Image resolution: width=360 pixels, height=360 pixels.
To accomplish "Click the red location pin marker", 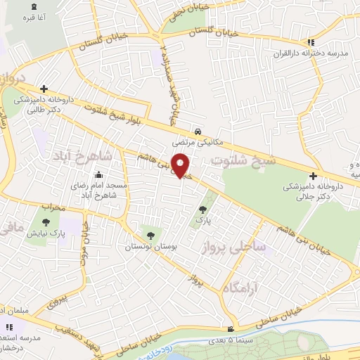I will [x=182, y=166].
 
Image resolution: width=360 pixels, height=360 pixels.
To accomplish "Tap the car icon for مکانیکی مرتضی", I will [x=199, y=131].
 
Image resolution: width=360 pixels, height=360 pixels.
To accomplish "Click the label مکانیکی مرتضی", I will [x=199, y=142].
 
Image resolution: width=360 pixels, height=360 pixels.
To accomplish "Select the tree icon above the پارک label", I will [x=202, y=210].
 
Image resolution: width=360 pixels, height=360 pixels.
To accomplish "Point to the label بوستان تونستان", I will [x=148, y=247].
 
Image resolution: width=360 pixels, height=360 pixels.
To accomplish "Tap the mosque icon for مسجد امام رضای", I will [x=98, y=174].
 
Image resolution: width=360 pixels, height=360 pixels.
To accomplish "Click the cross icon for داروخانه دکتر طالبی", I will [x=44, y=89].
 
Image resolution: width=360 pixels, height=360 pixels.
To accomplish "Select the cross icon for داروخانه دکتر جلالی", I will [x=313, y=176].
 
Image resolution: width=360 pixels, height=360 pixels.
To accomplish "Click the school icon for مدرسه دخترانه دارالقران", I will [x=311, y=41].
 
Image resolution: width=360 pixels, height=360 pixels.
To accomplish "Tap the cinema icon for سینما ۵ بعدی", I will [x=230, y=330].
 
